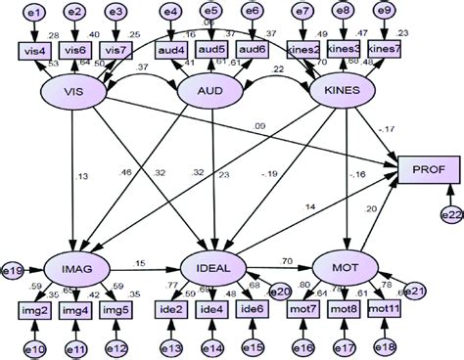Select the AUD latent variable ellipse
[209, 91]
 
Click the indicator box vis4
[32, 49]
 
